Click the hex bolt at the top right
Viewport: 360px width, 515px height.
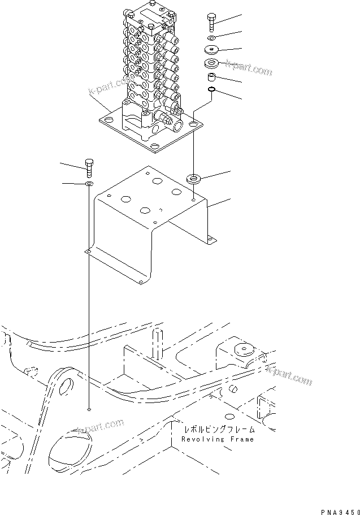pyautogui.click(x=211, y=20)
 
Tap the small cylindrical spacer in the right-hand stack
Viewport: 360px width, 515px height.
pyautogui.click(x=210, y=76)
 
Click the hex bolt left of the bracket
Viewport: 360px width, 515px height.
pyautogui.click(x=89, y=168)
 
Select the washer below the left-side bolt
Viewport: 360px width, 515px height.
pyautogui.click(x=89, y=184)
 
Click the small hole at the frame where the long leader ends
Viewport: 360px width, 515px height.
pyautogui.click(x=89, y=408)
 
